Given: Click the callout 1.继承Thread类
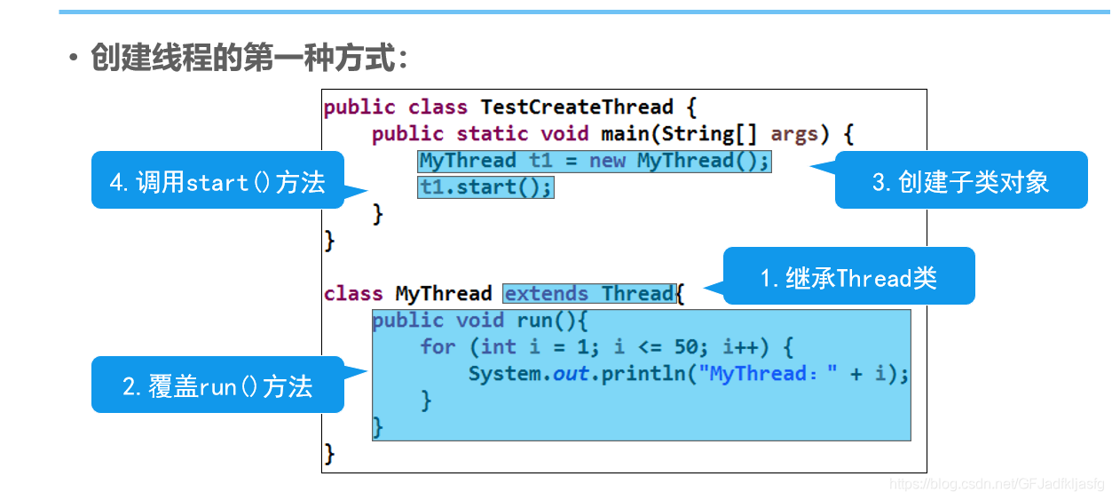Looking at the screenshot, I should (848, 278).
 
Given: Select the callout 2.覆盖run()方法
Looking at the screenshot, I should (217, 386).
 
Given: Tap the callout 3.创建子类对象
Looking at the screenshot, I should (960, 182).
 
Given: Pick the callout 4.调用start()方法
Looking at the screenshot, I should (217, 182).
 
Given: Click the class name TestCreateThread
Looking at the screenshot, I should (577, 107).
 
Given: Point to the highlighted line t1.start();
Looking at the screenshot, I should (485, 187).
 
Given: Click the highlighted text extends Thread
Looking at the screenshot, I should (589, 294).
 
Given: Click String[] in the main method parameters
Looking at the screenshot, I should (703, 134).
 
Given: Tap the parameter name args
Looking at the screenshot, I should (794, 134).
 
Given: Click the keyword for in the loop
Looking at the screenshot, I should (438, 347).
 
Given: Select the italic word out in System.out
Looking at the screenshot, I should (571, 374).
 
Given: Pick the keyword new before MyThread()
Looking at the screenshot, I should (607, 161).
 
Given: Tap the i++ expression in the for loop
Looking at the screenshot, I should (740, 347).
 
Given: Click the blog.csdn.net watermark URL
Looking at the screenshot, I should (997, 484).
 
